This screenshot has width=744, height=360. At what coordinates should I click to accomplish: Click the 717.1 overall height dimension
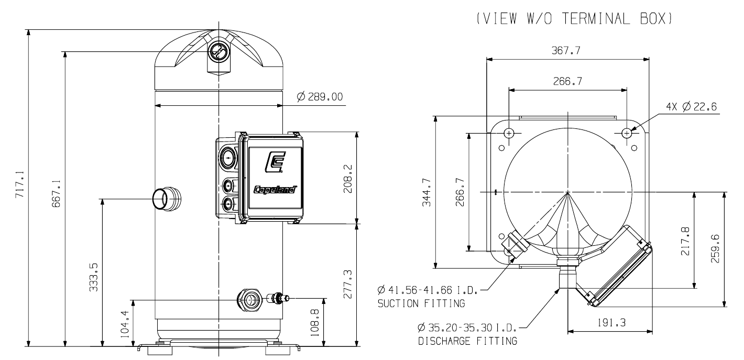20,184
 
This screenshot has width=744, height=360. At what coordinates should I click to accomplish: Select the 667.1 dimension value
56,193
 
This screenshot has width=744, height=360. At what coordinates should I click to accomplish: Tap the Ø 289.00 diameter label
320,96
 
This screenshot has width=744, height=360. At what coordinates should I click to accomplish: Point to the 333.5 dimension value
94,277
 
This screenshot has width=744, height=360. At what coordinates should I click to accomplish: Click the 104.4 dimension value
125,324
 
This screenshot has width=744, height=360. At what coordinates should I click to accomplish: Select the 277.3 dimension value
347,284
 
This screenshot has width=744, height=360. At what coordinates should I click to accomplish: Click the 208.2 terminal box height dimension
347,179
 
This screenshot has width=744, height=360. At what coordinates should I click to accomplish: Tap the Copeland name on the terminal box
275,190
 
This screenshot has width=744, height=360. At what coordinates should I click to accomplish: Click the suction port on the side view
166,199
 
